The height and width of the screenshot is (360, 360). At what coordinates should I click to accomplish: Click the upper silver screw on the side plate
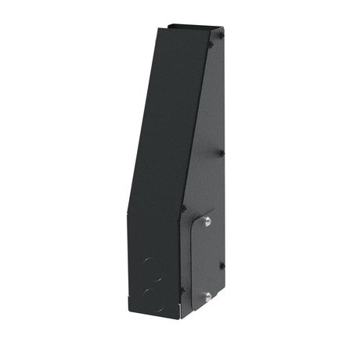click(x=207, y=221)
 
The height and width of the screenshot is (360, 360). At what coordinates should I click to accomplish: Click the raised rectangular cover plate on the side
click(x=202, y=258)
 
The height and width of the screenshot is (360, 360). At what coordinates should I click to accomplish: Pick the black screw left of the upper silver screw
click(x=184, y=208)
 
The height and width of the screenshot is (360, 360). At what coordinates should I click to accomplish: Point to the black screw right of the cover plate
click(x=222, y=265)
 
